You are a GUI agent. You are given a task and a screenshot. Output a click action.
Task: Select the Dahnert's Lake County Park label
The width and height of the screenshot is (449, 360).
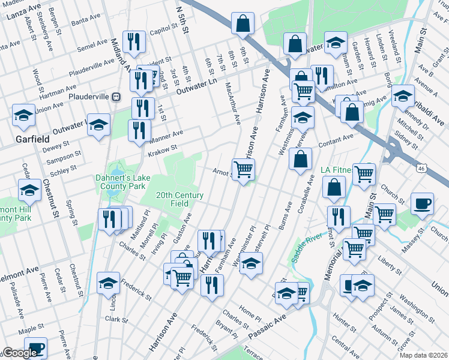click(121, 182)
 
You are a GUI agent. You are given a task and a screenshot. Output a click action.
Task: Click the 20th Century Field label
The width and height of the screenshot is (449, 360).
click(179, 200)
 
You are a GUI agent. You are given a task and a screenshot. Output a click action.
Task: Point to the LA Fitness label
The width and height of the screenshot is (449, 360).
click(338, 170)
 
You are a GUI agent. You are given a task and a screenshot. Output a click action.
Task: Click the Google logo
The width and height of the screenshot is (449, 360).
click(20, 353)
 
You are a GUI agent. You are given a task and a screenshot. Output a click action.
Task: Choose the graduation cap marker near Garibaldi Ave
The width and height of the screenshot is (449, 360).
click(403, 95)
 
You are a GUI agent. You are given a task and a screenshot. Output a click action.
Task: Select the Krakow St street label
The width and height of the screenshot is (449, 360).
click(161, 149)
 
